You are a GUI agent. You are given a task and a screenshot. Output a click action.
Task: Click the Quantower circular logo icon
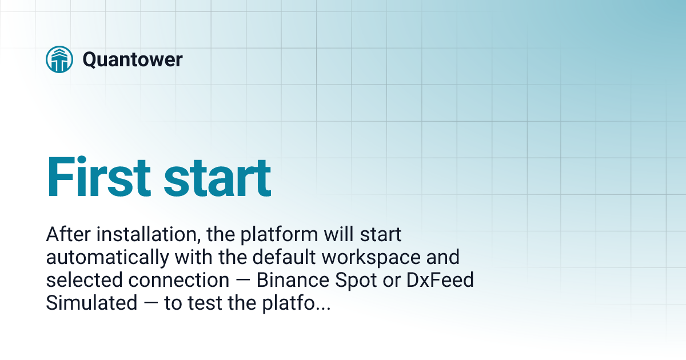pyautogui.click(x=59, y=59)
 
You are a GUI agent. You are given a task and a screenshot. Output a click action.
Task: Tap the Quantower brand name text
pyautogui.click(x=133, y=59)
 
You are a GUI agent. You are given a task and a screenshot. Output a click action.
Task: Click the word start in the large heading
pyautogui.click(x=217, y=177)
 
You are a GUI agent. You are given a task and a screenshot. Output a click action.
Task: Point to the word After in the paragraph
pyautogui.click(x=67, y=234)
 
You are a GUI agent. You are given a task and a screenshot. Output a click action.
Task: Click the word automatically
pyautogui.click(x=107, y=258)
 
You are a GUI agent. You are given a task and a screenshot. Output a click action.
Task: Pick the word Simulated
pyautogui.click(x=91, y=303)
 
